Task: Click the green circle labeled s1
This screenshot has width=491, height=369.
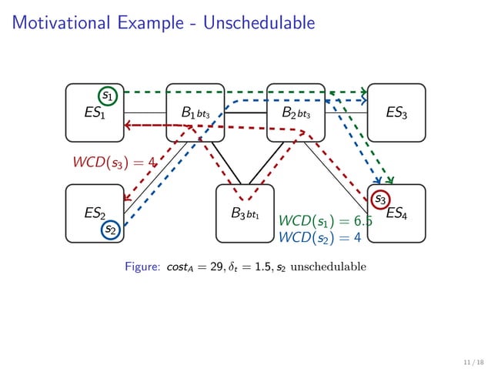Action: (109, 96)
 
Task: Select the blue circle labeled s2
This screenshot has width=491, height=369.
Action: (111, 229)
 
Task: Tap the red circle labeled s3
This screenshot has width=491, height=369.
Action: (380, 200)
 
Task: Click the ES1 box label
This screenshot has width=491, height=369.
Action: (94, 113)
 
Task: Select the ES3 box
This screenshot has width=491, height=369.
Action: (396, 113)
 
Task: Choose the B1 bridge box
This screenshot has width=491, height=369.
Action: (195, 113)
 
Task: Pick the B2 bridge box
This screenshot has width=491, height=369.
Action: (296, 113)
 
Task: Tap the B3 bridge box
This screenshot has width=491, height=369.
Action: (245, 213)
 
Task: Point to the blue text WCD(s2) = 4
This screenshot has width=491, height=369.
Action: (319, 237)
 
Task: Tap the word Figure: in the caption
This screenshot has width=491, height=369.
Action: (142, 267)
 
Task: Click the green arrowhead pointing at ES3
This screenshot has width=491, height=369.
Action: (363, 92)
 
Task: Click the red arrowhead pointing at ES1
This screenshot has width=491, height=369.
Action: (129, 125)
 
